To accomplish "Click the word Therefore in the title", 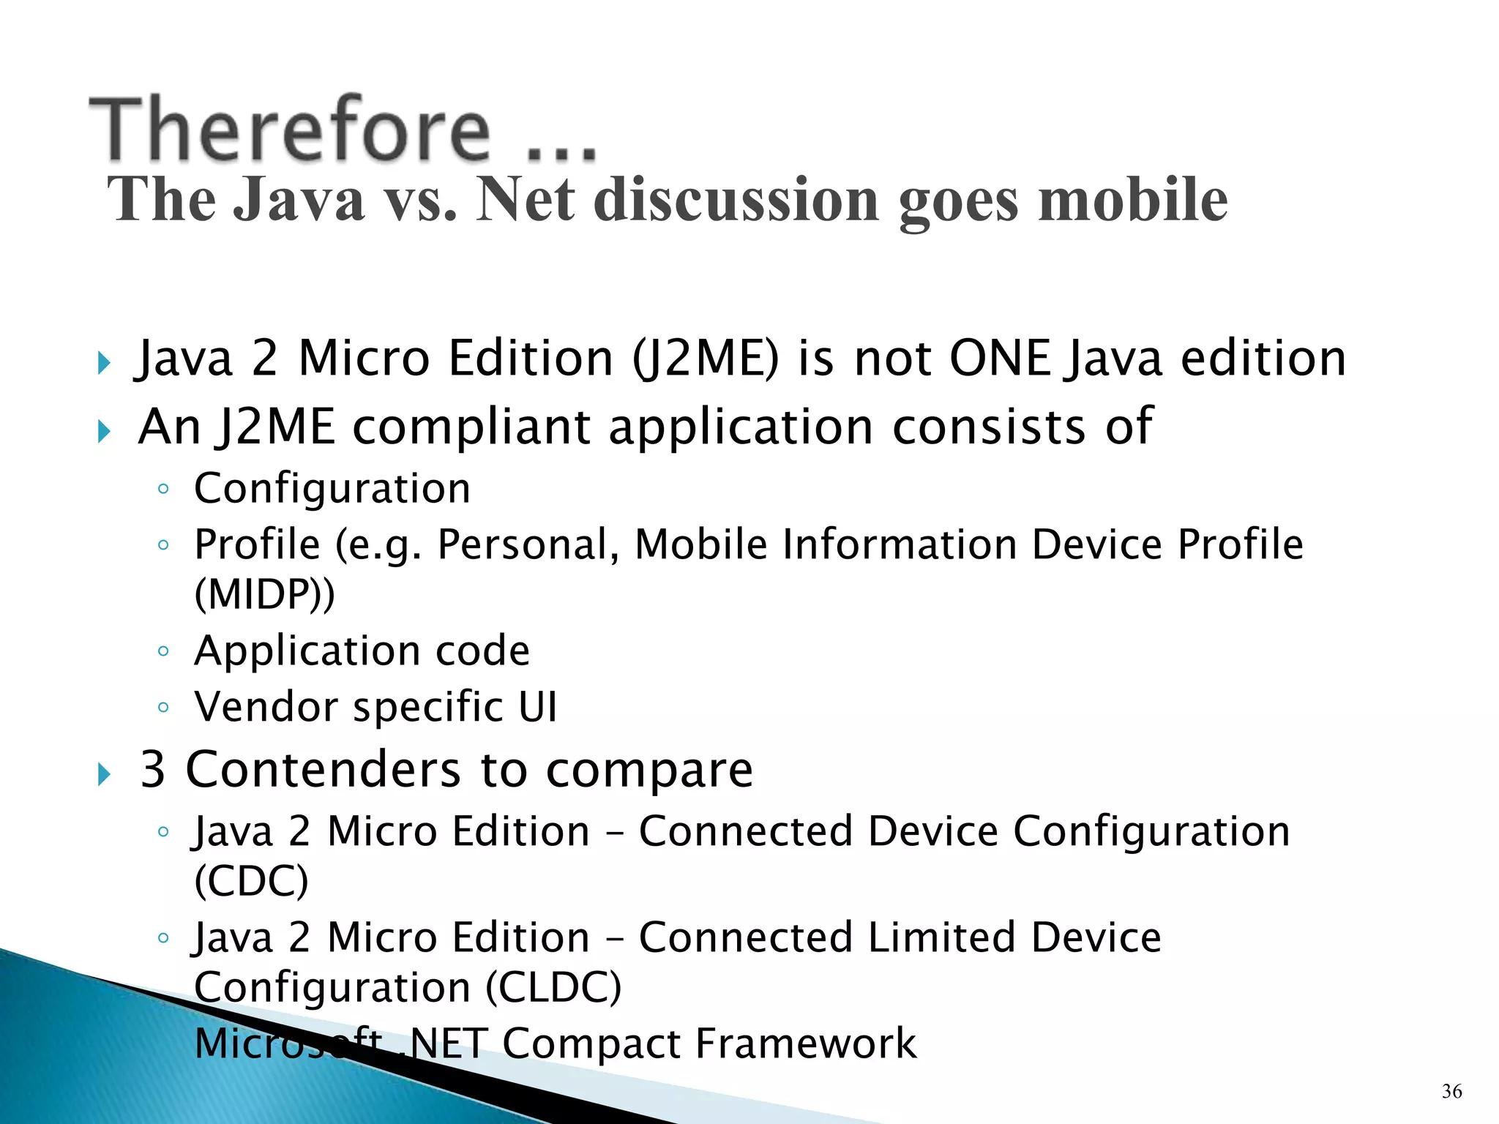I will click(x=290, y=130).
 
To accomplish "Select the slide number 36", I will click(x=1451, y=1091).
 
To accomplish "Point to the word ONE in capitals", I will click(x=1000, y=359).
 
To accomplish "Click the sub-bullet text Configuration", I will click(x=332, y=488).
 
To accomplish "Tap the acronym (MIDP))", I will click(x=264, y=593).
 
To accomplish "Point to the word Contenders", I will click(x=323, y=770).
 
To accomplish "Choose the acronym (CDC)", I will click(x=251, y=880).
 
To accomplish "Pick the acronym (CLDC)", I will click(x=553, y=987).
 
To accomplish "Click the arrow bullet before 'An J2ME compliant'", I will click(x=104, y=431).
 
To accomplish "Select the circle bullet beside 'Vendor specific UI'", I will click(x=163, y=708).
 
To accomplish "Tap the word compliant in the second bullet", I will click(x=471, y=427).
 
